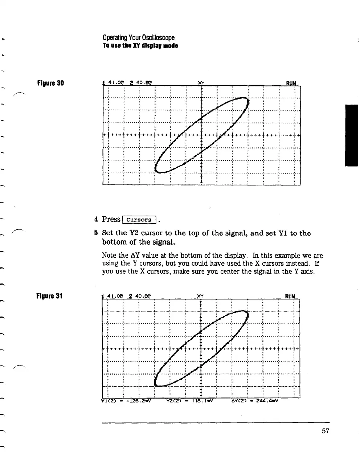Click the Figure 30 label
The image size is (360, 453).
50,83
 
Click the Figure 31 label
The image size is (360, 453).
50,296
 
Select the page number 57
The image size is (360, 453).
325,431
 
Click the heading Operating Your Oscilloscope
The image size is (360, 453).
138,38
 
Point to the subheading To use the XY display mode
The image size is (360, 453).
140,46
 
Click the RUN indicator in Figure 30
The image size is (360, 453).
291,83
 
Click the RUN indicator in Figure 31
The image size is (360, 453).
291,296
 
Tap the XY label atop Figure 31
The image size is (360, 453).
200,296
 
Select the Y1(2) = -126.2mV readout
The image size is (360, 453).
126,401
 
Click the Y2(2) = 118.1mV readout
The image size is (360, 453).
189,401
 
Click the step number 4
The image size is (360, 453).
96,219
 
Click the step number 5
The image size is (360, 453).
96,233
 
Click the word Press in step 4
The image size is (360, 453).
111,219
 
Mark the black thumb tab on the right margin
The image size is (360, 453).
351,135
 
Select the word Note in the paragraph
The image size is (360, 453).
109,256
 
